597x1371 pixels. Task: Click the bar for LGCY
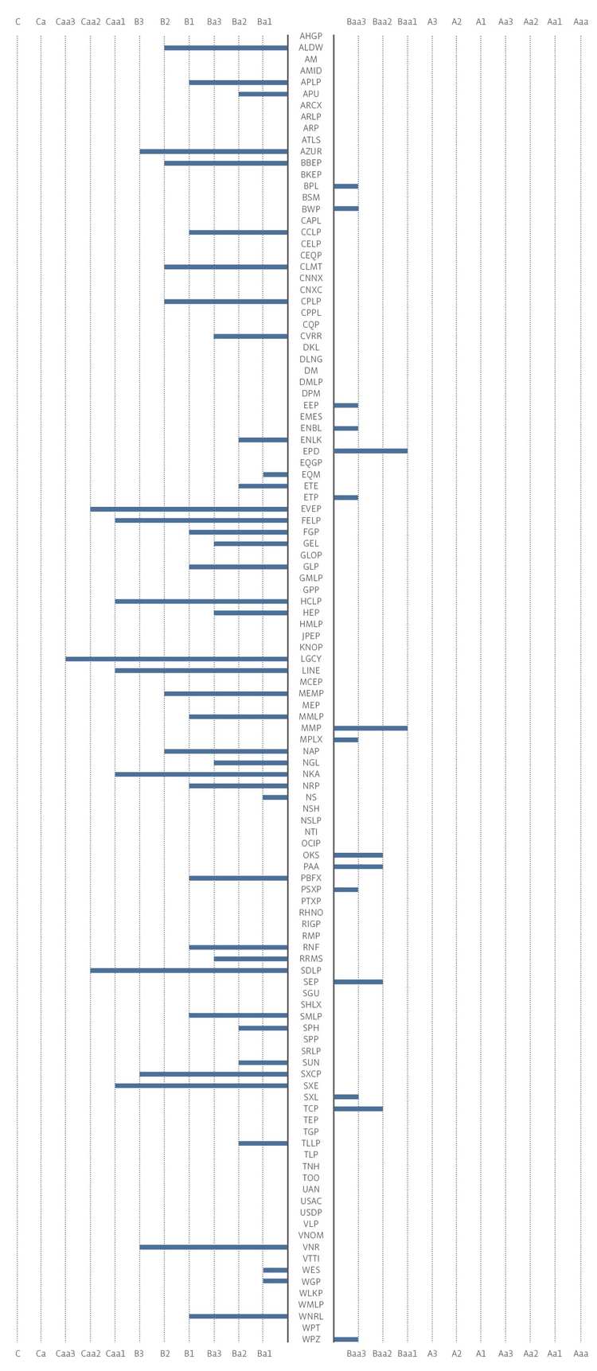(177, 659)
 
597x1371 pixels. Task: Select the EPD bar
(371, 451)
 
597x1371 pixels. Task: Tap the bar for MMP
(371, 728)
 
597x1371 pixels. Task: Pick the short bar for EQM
(275, 474)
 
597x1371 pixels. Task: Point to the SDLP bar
(189, 971)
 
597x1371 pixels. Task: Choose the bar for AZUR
(213, 151)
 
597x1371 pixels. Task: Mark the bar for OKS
(358, 855)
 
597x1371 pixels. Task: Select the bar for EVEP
(189, 509)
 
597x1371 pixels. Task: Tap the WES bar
(275, 1271)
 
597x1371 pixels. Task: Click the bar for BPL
(346, 186)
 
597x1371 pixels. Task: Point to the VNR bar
(213, 1248)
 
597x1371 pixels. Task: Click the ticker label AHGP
(311, 37)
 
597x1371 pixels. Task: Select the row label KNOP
(311, 648)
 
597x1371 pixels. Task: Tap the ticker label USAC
(311, 1202)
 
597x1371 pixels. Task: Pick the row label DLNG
(311, 359)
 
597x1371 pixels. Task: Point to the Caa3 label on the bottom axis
(66, 1353)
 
